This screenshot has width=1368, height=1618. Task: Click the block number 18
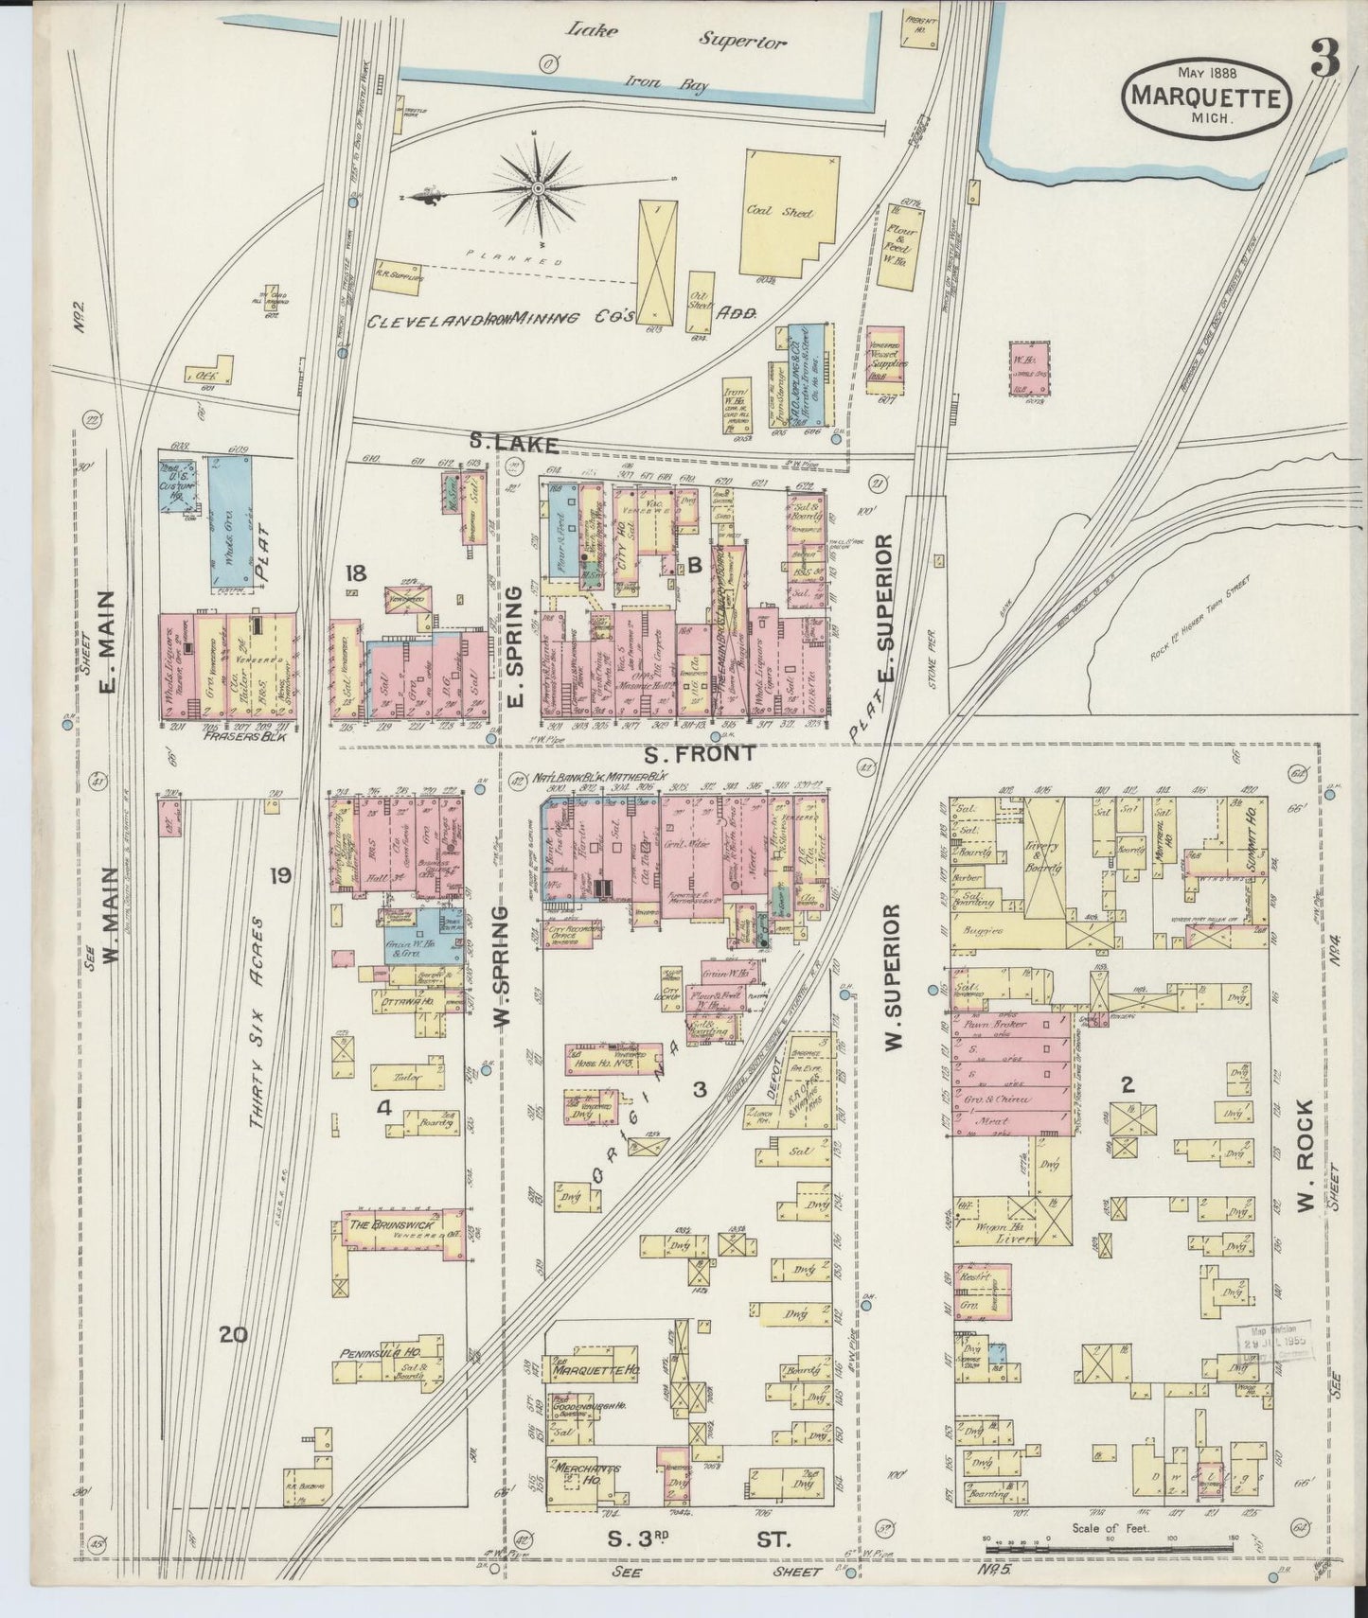pyautogui.click(x=355, y=572)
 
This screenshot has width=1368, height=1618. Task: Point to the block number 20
pyautogui.click(x=233, y=1335)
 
